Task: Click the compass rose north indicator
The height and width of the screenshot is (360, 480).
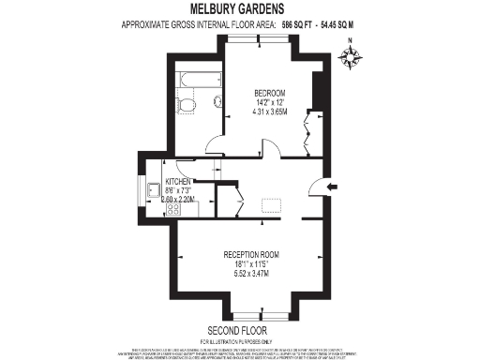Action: pos(352,57)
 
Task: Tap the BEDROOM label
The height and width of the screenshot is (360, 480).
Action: pos(272,93)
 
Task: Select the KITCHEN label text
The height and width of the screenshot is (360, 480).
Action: pos(179,181)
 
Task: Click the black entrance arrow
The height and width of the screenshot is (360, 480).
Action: pos(331,188)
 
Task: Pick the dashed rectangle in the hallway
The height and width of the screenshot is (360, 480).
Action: pos(273,206)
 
